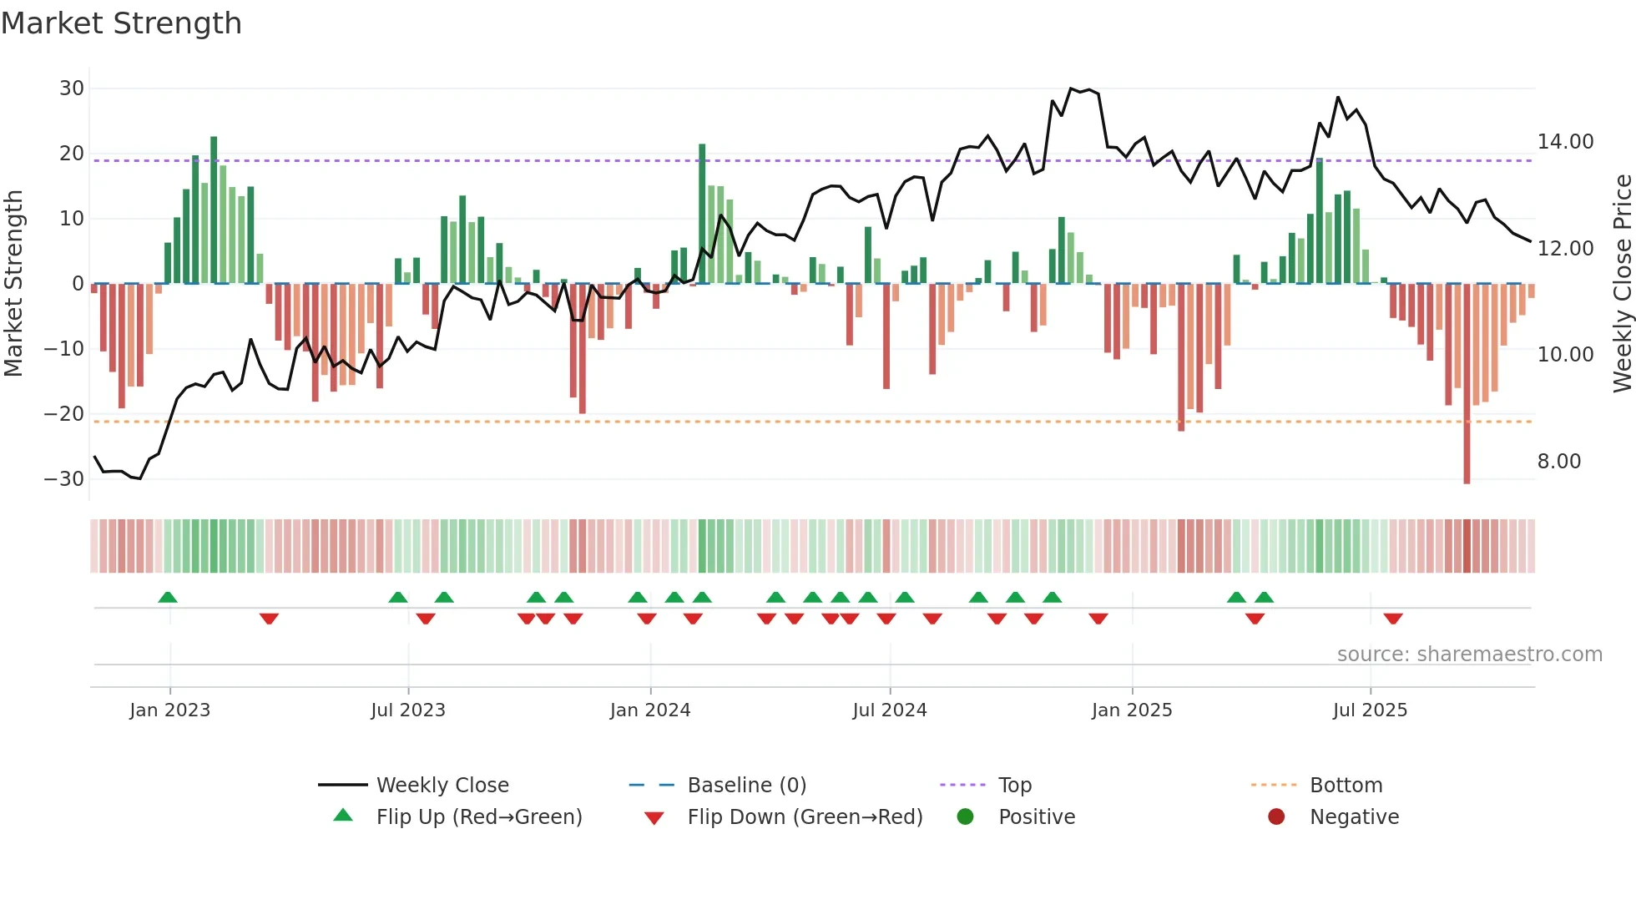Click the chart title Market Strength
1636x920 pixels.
click(x=121, y=23)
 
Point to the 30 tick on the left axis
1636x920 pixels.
click(x=72, y=88)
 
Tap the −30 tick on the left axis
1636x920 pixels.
click(x=64, y=479)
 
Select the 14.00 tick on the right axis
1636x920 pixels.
click(x=1565, y=142)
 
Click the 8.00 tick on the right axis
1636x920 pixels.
click(x=1558, y=462)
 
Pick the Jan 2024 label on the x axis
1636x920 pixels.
click(x=650, y=710)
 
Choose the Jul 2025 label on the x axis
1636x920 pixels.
click(x=1370, y=710)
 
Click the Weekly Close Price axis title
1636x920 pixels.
click(x=1622, y=284)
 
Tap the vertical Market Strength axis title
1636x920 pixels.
click(x=14, y=284)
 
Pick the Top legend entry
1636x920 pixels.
click(x=1014, y=786)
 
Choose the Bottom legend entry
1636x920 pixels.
click(x=1346, y=786)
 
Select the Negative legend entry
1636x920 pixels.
click(x=1354, y=817)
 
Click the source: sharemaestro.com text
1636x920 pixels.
click(x=1469, y=655)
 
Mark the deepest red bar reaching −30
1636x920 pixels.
click(x=1467, y=384)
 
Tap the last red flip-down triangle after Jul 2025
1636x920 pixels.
click(x=1392, y=619)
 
